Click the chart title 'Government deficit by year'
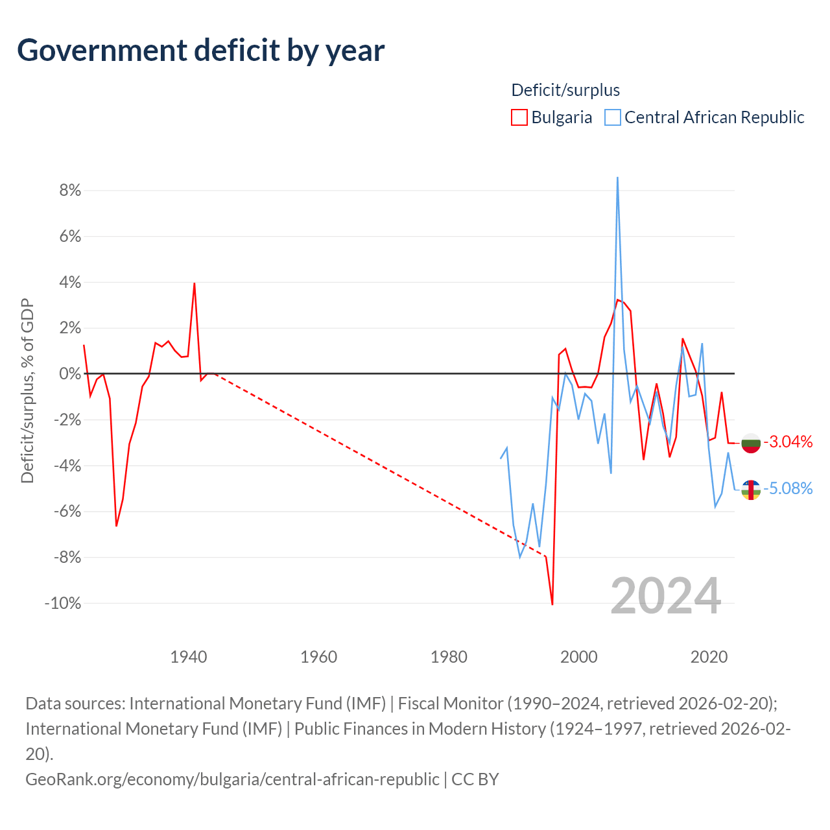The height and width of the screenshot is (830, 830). click(x=200, y=51)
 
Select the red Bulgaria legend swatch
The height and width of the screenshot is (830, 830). click(x=519, y=117)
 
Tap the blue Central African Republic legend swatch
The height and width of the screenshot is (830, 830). click(x=613, y=117)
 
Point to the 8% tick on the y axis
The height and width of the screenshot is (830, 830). click(x=70, y=190)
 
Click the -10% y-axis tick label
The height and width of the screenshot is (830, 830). click(x=63, y=603)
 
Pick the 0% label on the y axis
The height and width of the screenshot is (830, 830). click(x=70, y=373)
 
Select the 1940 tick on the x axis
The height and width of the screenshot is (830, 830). click(x=189, y=658)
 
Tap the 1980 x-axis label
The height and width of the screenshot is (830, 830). click(x=449, y=658)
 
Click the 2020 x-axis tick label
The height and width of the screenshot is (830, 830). click(x=709, y=658)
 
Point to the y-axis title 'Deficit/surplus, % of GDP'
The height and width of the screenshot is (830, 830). click(x=27, y=390)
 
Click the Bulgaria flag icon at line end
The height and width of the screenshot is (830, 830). click(x=751, y=443)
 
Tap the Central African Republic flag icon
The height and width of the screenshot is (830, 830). click(x=751, y=490)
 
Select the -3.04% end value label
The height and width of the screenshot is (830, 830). click(x=788, y=442)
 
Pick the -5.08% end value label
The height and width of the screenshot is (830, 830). click(x=788, y=488)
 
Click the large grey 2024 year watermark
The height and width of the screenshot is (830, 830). click(x=666, y=596)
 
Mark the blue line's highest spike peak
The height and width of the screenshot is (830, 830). click(x=618, y=178)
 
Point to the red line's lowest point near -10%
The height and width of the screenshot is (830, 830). click(x=552, y=604)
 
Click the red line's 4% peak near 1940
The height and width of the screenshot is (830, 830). click(x=195, y=283)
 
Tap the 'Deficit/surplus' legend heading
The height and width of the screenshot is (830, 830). click(x=565, y=90)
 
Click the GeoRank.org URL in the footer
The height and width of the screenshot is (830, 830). click(x=232, y=779)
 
